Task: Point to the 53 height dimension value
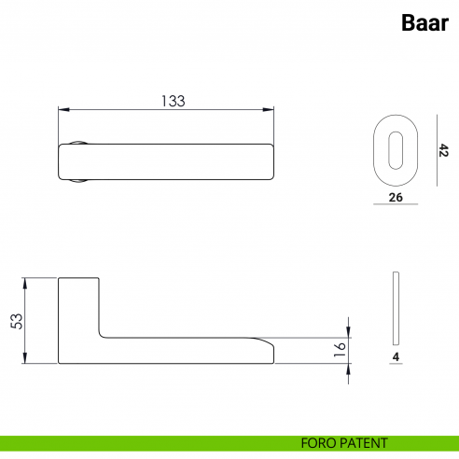click(16, 320)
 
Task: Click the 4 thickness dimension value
click(396, 356)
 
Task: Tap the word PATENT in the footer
click(365, 443)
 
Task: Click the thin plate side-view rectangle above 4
click(396, 309)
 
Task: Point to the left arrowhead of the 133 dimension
click(62, 109)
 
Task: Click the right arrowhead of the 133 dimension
click(274, 109)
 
